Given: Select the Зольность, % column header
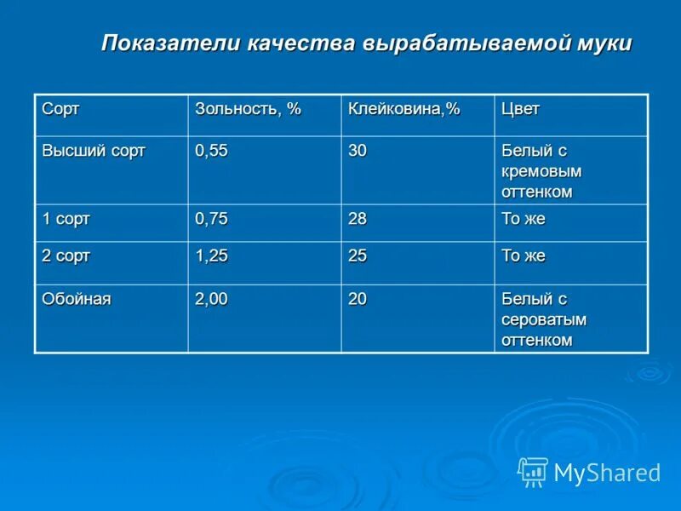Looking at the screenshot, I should tap(248, 110).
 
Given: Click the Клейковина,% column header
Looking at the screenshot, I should tap(403, 110).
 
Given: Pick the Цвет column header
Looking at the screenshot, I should tap(520, 110).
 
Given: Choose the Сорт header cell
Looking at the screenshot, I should tap(60, 110).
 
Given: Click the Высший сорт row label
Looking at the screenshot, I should tap(94, 151).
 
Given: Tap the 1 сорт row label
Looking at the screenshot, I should tap(66, 219).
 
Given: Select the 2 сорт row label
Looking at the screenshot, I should tap(66, 255).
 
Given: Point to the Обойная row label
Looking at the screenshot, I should tap(77, 299).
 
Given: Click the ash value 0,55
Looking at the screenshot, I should tap(211, 151).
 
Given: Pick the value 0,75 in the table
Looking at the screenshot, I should tap(211, 219).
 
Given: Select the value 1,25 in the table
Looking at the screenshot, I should tap(211, 255).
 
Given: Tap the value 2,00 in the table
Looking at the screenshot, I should tap(211, 299).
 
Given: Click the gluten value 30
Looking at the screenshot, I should tap(358, 151).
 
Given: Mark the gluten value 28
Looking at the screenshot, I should tap(358, 219).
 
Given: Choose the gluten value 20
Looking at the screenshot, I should tap(358, 299).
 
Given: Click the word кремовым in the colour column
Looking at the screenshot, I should tap(541, 171).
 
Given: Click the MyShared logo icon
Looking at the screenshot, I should tap(533, 472).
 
